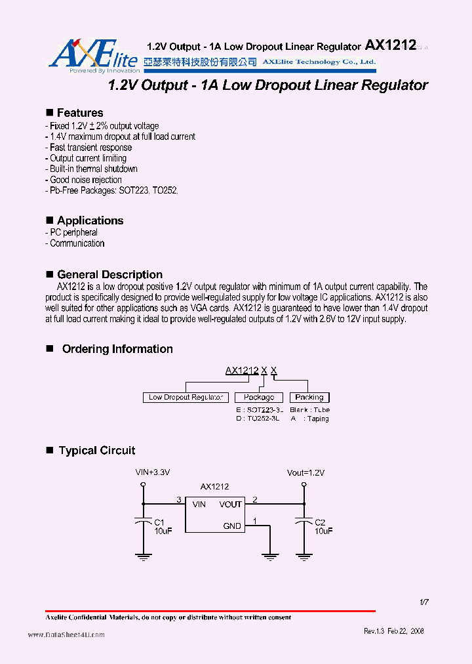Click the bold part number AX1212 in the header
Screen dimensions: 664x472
[x=390, y=45]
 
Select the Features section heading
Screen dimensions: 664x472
[x=79, y=113]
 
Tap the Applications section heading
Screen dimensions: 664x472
[x=90, y=220]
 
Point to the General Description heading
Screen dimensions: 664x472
[x=109, y=274]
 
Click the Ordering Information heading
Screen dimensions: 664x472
[x=117, y=349]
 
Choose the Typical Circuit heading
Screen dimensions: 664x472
[x=97, y=450]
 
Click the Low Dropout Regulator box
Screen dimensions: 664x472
[x=186, y=398]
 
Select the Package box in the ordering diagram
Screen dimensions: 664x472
[x=259, y=398]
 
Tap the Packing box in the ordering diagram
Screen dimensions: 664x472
[x=309, y=398]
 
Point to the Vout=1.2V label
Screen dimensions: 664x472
[x=305, y=472]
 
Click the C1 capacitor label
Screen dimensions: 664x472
[x=159, y=522]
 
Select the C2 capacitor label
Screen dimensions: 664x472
[x=320, y=522]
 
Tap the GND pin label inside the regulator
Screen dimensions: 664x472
[x=232, y=526]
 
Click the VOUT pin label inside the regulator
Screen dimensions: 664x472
[x=230, y=505]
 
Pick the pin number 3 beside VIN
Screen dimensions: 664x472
[x=178, y=500]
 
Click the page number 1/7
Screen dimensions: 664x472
[x=423, y=602]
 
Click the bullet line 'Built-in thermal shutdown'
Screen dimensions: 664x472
[x=93, y=169]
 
